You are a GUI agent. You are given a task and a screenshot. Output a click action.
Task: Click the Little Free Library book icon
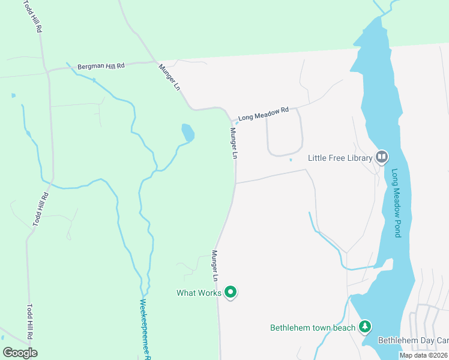pos(382,157)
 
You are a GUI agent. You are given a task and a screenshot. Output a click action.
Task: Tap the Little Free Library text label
pos(340,158)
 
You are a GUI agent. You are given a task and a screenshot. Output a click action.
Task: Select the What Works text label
pos(199,293)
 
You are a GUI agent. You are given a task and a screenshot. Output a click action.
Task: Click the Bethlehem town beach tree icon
pos(364,327)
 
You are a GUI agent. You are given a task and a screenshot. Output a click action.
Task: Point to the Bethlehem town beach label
pos(313,328)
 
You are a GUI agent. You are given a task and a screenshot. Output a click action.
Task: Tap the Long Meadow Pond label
pos(396,203)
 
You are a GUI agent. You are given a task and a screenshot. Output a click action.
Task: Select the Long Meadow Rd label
pos(264,113)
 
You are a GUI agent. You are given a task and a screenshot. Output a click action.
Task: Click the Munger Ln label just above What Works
pos(214,266)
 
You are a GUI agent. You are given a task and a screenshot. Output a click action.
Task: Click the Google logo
pos(20,353)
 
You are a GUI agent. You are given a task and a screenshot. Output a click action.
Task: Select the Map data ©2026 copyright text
pos(424,355)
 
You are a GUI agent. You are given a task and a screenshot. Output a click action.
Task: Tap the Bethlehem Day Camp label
pos(413,340)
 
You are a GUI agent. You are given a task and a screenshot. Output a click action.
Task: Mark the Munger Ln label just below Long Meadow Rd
pos(233,143)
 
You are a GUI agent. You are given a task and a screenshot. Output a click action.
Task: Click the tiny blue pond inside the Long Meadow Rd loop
pos(291,160)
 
